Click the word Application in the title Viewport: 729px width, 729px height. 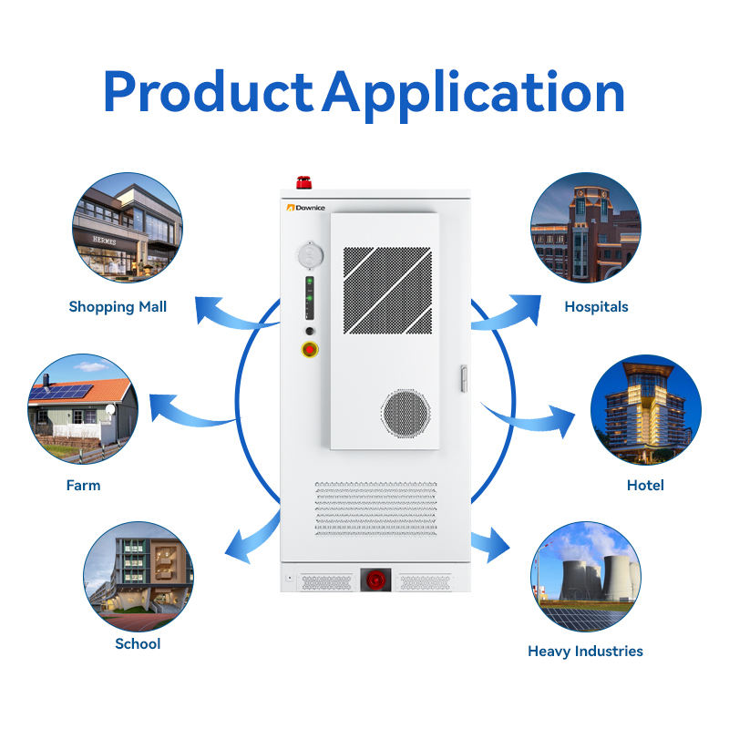(x=473, y=93)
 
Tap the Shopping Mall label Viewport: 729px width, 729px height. (x=118, y=307)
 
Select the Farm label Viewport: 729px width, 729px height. (x=83, y=486)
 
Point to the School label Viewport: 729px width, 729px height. (x=138, y=644)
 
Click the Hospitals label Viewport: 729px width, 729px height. (x=596, y=307)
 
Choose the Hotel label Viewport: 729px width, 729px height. (x=645, y=486)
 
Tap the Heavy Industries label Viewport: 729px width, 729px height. (x=585, y=652)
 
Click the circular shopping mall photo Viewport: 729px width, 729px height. (x=128, y=228)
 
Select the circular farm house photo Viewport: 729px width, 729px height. (x=83, y=408)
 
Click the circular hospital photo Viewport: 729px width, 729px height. (x=586, y=228)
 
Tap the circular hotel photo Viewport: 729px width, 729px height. (x=646, y=408)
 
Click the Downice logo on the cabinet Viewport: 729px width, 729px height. (x=304, y=208)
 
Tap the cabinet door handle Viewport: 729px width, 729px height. (x=463, y=377)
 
